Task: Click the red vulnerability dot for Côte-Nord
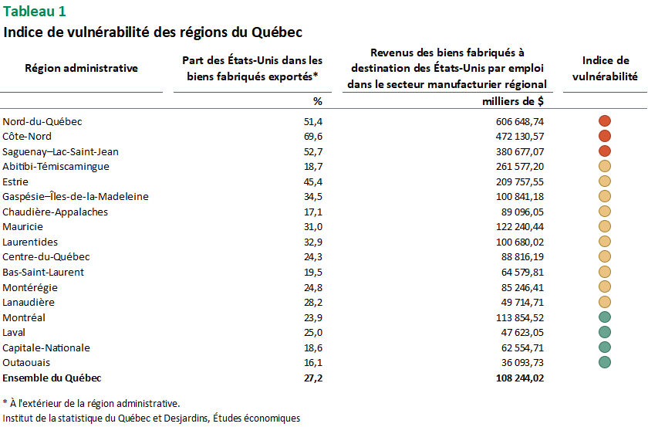click(605, 136)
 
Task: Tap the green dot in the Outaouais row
click(605, 362)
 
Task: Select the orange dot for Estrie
click(605, 181)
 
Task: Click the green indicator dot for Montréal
click(605, 317)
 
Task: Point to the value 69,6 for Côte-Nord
click(313, 137)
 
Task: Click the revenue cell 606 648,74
click(520, 122)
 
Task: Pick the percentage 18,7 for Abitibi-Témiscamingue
click(313, 167)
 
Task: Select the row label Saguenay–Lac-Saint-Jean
click(60, 152)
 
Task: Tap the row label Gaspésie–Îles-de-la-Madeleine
click(76, 197)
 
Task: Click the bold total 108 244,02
click(520, 378)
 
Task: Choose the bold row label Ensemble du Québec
click(52, 378)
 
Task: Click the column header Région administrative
click(82, 68)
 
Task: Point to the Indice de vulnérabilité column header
click(605, 69)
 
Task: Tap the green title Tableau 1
click(34, 12)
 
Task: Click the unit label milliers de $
click(513, 101)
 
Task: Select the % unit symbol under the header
click(317, 101)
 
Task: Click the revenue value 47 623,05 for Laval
click(522, 333)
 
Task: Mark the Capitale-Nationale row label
click(46, 348)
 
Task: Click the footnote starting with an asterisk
click(91, 403)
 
